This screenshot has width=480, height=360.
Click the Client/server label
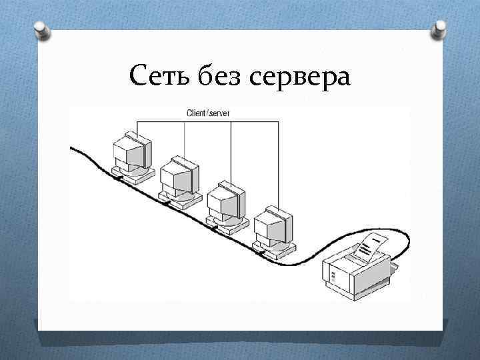click(208, 113)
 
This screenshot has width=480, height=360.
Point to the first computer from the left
click(133, 157)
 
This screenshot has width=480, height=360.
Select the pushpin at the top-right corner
click(440, 27)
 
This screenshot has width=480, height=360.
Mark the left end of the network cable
click(72, 149)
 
